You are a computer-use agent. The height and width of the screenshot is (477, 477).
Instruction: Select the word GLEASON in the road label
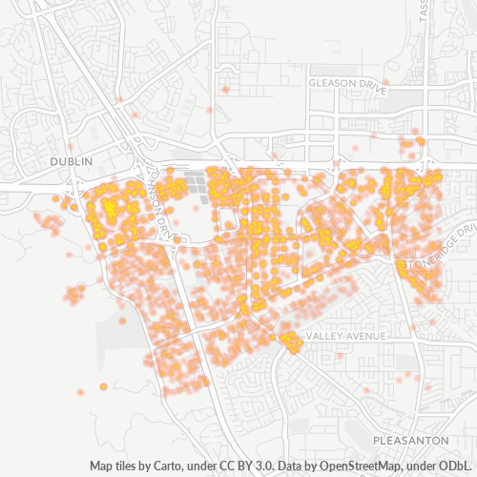pos(330,84)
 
